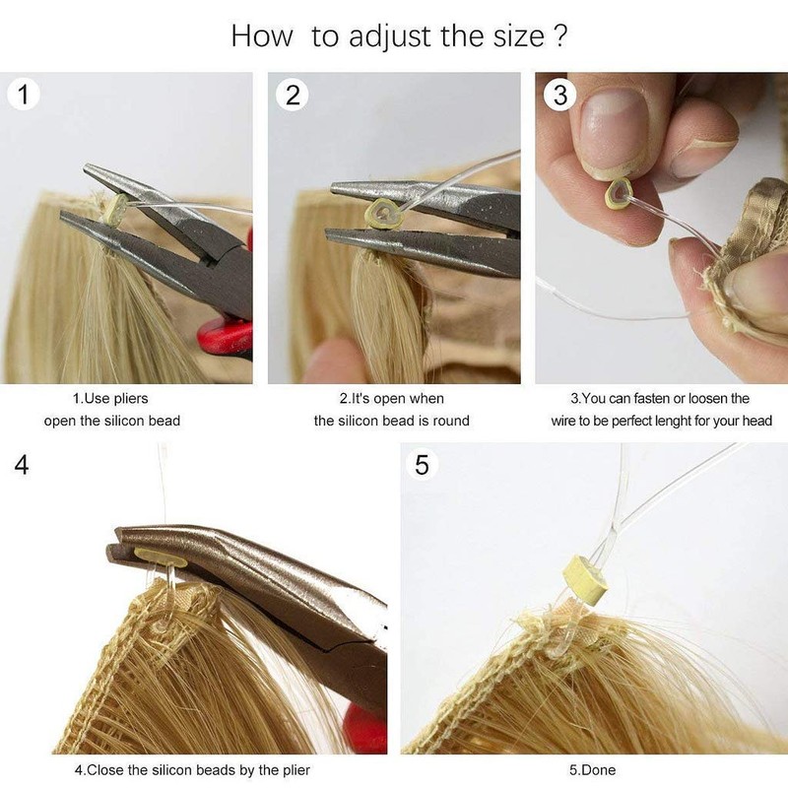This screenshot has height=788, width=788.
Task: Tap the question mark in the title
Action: (x=558, y=36)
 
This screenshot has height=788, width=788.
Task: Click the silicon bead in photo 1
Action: (x=114, y=208)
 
